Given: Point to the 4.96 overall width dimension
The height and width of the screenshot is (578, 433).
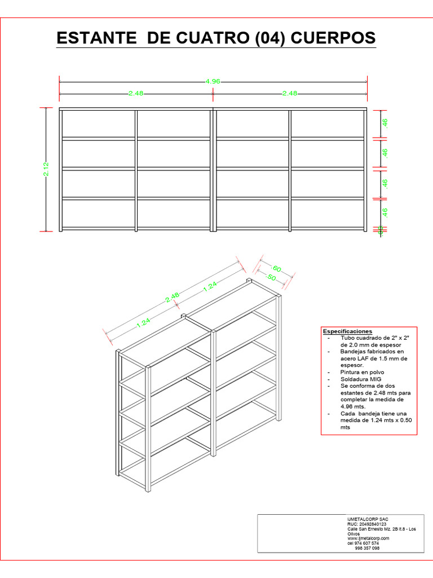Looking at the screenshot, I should click(x=213, y=81).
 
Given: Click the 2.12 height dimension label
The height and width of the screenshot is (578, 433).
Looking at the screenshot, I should click(x=46, y=169).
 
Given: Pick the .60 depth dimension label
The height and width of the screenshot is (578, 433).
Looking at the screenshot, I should click(x=276, y=268).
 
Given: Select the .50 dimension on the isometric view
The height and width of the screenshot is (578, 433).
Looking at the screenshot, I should click(x=270, y=277).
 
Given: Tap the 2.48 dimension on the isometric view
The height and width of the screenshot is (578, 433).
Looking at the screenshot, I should click(x=173, y=298).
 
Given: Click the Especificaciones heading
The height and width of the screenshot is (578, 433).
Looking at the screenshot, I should click(x=348, y=331).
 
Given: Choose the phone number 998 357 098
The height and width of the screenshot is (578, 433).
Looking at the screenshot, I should click(x=367, y=548).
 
